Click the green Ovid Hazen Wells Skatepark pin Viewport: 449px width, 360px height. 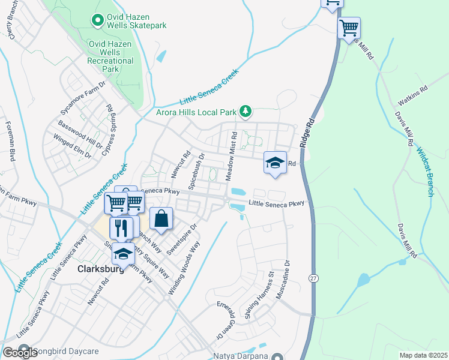point(97,20)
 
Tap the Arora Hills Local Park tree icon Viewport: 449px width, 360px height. point(246,111)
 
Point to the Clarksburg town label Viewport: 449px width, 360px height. point(101,269)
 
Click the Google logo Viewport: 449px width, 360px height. point(20,353)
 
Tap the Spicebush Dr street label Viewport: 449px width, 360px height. point(196,171)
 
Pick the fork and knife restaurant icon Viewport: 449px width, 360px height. point(122,227)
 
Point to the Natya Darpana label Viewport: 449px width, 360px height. point(240,356)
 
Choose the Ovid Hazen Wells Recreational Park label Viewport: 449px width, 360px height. point(110,56)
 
